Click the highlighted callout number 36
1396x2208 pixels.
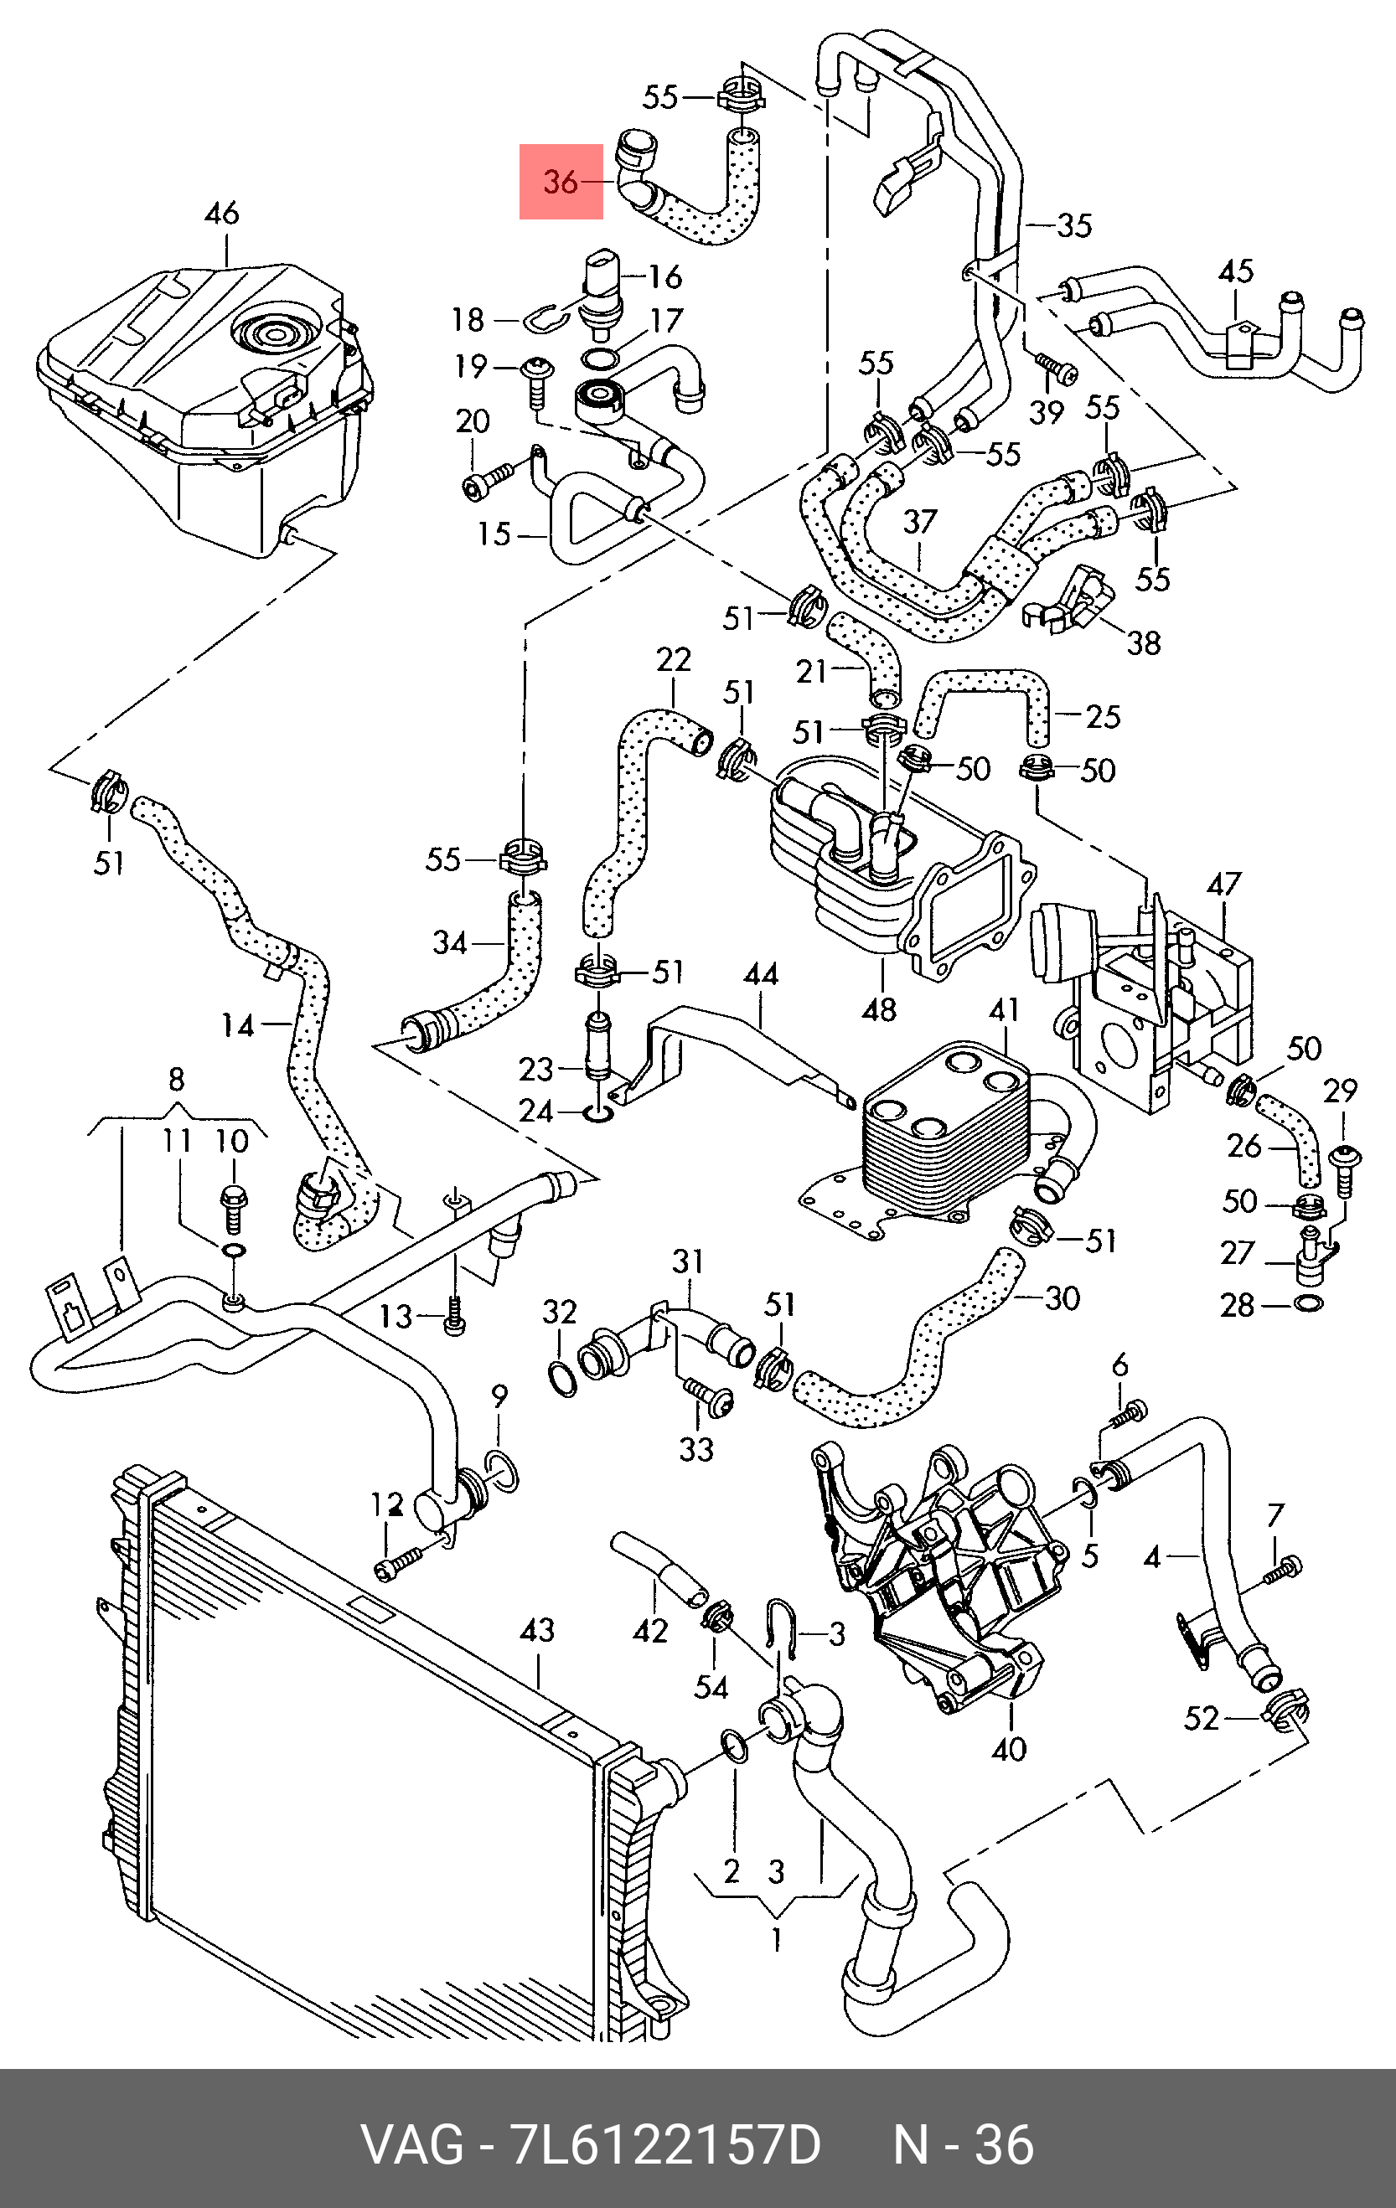tap(561, 182)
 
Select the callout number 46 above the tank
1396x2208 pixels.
tap(222, 213)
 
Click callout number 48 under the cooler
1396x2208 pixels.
tap(879, 1009)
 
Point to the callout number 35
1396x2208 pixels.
tap(1074, 224)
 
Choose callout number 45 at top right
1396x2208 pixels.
tap(1235, 271)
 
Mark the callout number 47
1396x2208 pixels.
tap(1223, 883)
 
